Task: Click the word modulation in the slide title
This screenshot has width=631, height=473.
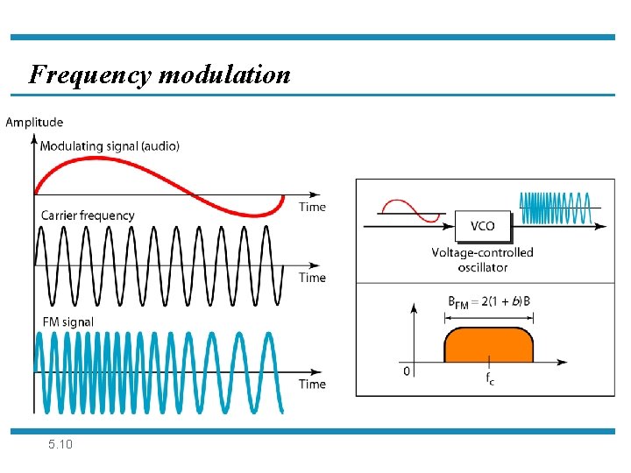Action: [x=224, y=74]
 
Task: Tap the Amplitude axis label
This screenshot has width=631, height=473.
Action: [x=34, y=122]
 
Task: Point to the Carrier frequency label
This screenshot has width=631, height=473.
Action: [x=88, y=215]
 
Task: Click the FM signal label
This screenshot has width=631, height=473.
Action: [x=67, y=321]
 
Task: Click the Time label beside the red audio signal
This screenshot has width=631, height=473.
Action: [x=312, y=207]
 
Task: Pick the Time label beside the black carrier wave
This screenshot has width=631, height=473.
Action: [x=312, y=278]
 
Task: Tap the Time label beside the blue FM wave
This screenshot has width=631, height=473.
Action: [x=312, y=384]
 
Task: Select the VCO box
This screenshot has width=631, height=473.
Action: [x=482, y=226]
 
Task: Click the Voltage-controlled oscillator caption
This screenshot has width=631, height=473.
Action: [x=482, y=260]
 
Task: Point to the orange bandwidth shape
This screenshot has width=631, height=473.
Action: [x=488, y=345]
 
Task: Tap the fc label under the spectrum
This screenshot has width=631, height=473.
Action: [x=489, y=378]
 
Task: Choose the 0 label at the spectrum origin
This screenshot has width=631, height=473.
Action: [x=406, y=371]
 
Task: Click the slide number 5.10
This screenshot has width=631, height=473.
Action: [x=61, y=445]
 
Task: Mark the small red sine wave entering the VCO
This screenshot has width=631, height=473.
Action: [x=408, y=211]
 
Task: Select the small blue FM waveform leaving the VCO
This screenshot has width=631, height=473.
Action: [x=555, y=208]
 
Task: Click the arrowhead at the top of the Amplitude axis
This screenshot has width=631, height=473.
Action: [x=34, y=138]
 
